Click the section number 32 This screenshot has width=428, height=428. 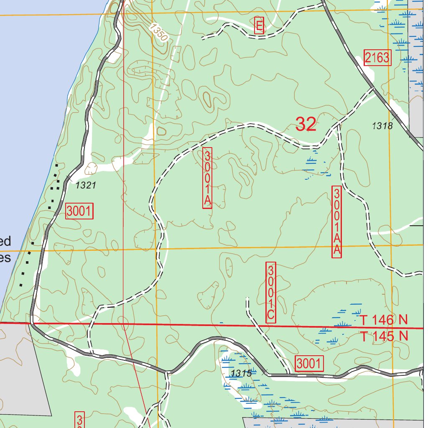point(306,124)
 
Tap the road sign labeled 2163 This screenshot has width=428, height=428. point(377,58)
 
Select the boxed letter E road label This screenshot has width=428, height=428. point(259,26)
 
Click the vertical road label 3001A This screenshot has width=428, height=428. point(207,178)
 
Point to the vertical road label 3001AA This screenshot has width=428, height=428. point(336,222)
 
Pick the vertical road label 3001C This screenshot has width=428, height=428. point(271,293)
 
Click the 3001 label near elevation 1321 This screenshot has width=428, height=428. point(79,211)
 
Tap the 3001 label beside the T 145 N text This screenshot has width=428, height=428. point(309,364)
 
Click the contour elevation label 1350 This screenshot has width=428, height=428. point(159,33)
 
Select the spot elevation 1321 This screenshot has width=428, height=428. point(86,185)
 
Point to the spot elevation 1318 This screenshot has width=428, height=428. point(382,126)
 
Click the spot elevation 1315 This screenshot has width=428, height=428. point(241,373)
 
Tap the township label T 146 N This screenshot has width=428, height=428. point(384,321)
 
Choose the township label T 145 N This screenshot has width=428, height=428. point(384,336)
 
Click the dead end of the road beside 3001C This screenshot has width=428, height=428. point(247,298)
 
